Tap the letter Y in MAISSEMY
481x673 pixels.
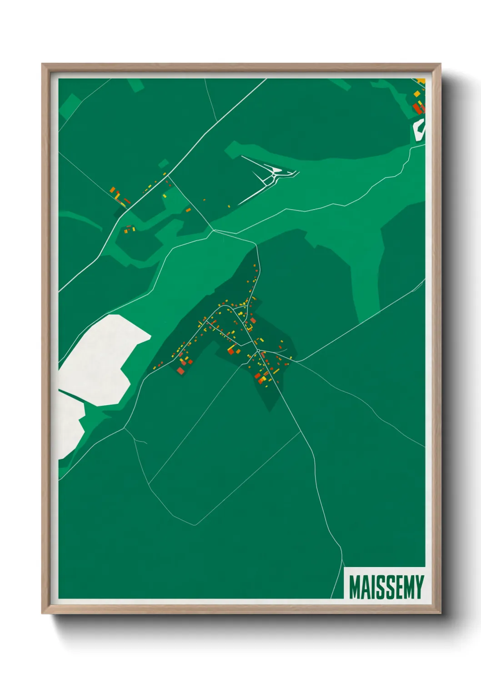[x=418, y=587]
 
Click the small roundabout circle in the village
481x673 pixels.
[x=258, y=350]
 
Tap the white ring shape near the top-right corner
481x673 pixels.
[x=420, y=128]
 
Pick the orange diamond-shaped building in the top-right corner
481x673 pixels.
[x=417, y=94]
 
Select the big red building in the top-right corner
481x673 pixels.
[x=417, y=109]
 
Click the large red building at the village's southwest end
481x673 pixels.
[x=181, y=371]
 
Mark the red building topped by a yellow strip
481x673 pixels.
[x=231, y=350]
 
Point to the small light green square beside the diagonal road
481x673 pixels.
[x=163, y=163]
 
